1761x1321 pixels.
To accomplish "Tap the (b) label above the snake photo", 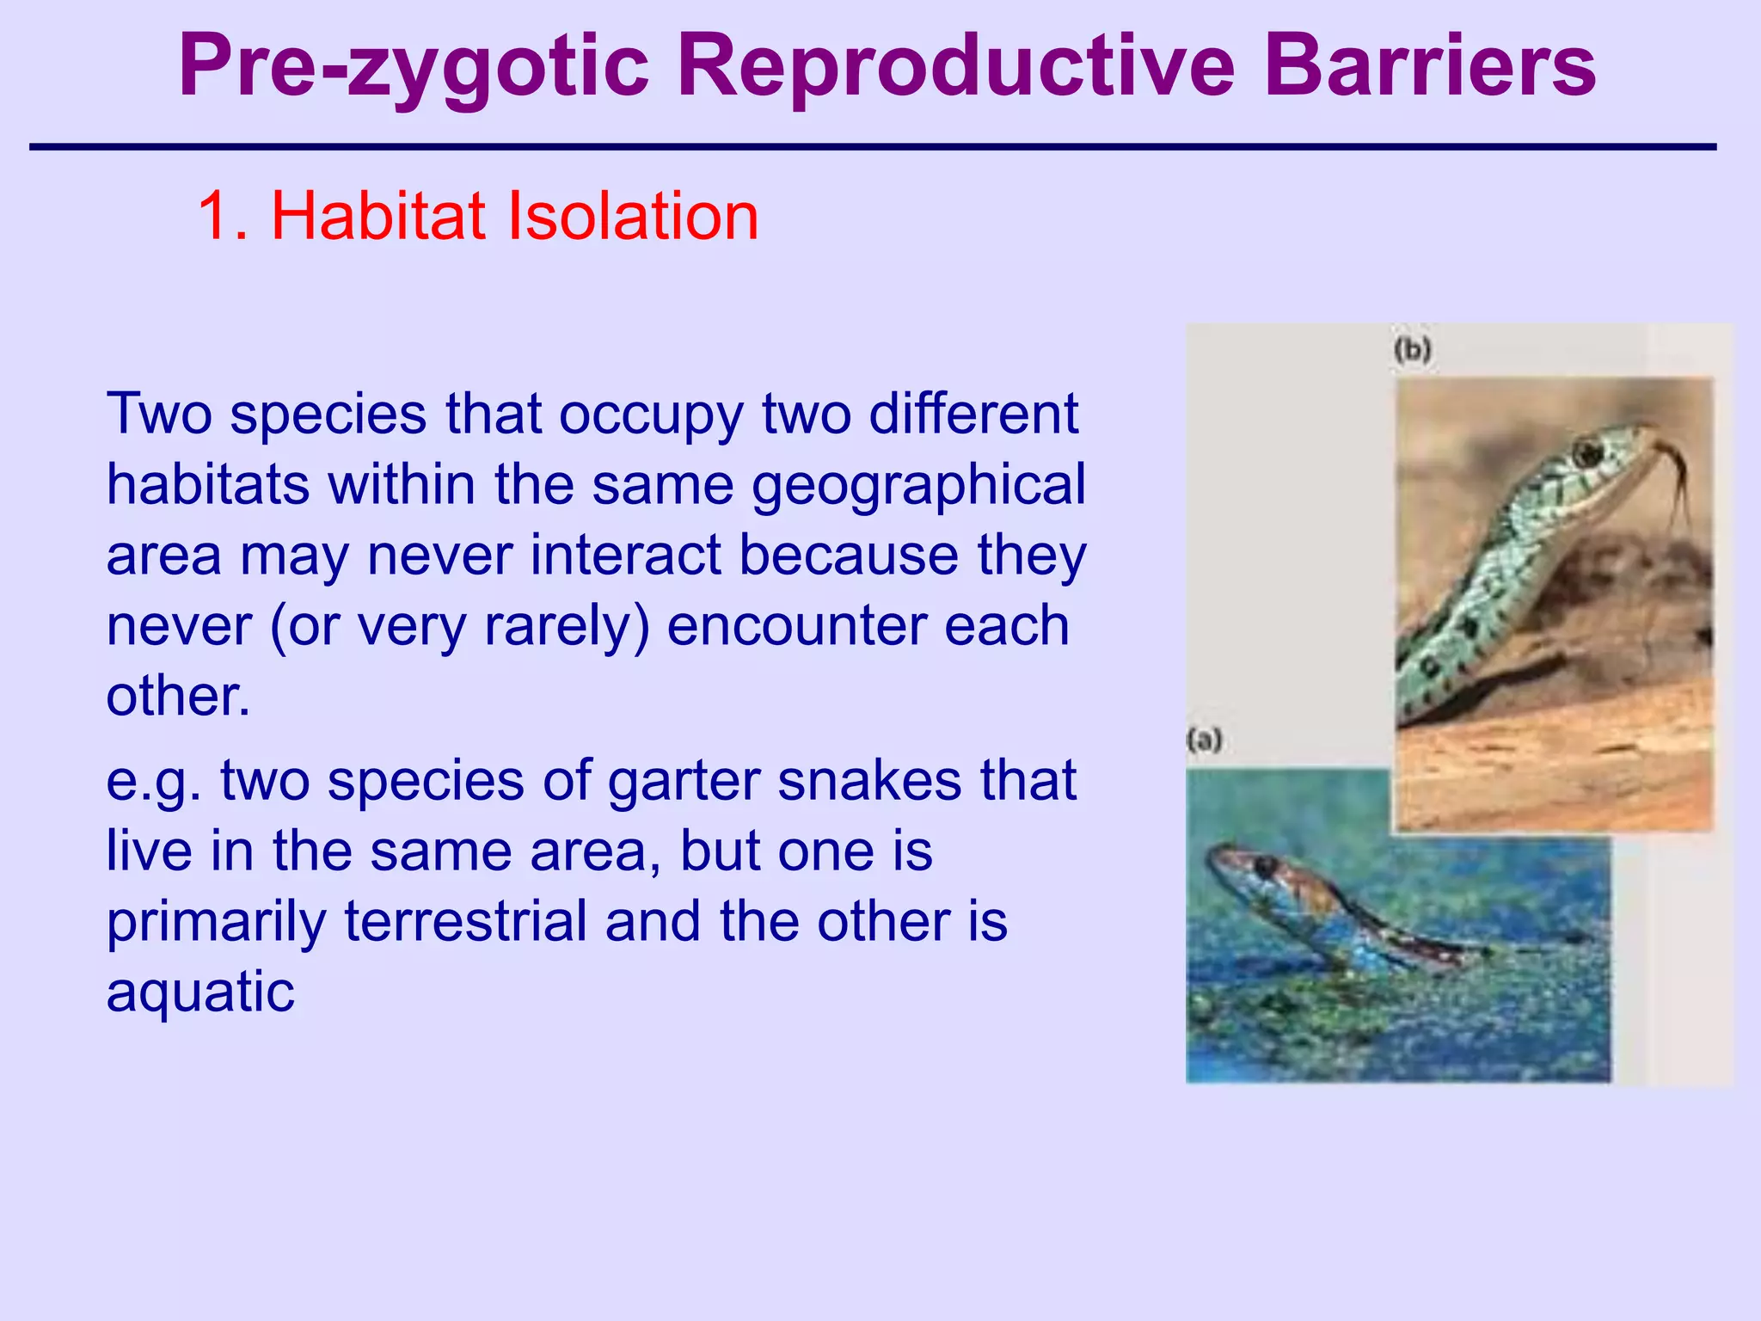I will tap(1413, 350).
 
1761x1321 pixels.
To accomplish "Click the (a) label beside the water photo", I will tap(1204, 740).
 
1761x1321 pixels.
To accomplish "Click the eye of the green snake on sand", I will tap(1587, 451).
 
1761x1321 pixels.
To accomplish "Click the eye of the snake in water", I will tap(1265, 865).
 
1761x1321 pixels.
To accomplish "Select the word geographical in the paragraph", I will tap(918, 484).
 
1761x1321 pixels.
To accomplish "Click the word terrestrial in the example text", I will tap(466, 921).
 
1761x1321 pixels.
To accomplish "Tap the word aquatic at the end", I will tap(200, 992).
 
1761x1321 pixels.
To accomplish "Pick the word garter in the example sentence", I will tap(684, 780).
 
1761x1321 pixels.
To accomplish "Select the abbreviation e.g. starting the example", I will tap(154, 782).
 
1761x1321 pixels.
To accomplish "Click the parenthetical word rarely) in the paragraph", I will tap(567, 625).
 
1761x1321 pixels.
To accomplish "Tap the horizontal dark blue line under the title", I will tap(872, 148).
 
